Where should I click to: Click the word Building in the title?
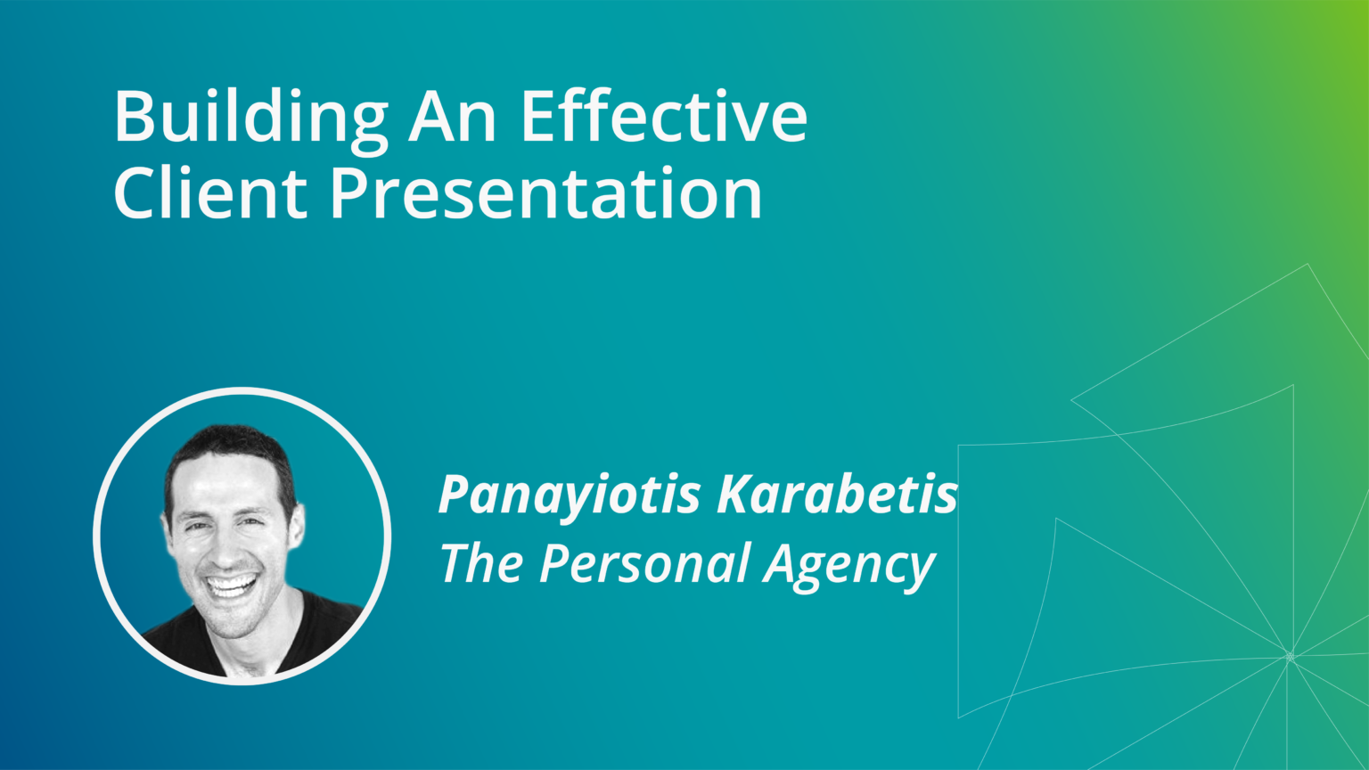[250, 117]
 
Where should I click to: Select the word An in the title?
[453, 117]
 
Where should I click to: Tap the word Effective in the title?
[664, 117]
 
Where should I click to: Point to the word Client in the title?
[210, 193]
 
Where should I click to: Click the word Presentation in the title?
[546, 193]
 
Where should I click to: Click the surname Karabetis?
[838, 496]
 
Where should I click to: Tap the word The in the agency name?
[480, 563]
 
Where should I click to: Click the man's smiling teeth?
[232, 586]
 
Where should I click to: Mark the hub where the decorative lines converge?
[1289, 657]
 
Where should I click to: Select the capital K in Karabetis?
[736, 496]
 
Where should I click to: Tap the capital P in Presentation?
[349, 193]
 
